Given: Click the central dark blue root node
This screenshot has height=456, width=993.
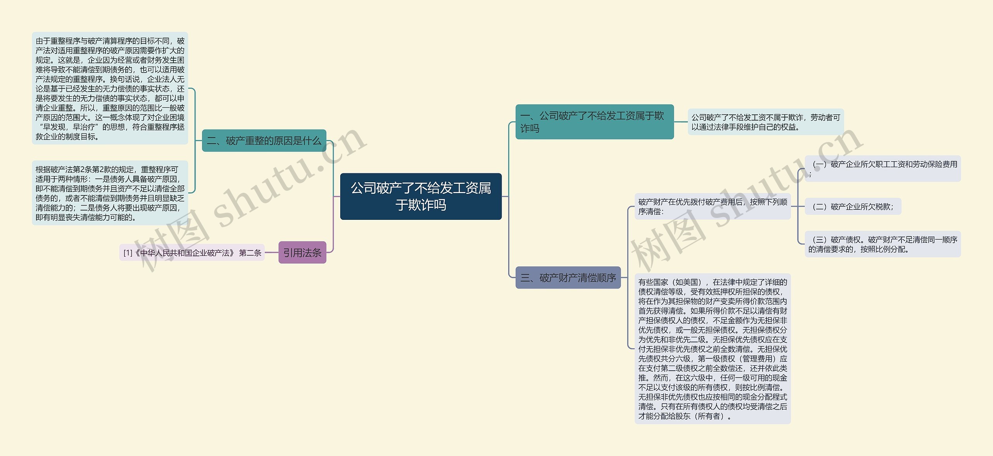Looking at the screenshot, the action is (420, 196).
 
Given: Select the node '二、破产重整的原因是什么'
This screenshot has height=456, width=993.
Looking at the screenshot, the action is (264, 141).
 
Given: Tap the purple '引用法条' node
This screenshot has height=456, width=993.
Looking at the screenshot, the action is (302, 253).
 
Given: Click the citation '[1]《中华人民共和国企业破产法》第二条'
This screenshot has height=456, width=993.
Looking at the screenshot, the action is (192, 253).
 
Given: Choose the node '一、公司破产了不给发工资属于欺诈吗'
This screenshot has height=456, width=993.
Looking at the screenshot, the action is (594, 122).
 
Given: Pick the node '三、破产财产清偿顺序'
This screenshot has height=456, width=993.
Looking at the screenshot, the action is (568, 278).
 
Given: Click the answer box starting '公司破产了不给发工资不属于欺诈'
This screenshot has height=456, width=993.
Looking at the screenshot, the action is (765, 122).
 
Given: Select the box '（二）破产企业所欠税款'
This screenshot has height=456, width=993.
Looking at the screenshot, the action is (853, 207).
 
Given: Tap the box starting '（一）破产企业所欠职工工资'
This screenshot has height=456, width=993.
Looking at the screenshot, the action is (882, 169).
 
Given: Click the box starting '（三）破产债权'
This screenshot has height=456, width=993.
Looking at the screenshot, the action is (882, 244).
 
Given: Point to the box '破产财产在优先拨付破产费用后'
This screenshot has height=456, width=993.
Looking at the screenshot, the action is (712, 207).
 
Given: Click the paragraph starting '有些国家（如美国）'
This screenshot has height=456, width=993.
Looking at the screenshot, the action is (712, 349).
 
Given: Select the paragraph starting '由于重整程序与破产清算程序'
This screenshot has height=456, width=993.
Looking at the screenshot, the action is (110, 88).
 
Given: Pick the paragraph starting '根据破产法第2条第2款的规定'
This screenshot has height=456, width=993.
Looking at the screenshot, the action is (110, 193).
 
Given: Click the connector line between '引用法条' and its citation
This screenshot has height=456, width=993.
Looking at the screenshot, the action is (272, 253).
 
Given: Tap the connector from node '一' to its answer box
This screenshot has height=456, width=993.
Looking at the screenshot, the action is (681, 122).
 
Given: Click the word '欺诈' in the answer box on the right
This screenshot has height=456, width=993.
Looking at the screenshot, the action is (796, 117).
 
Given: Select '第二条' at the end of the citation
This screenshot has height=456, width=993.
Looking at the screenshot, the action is (250, 253).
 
